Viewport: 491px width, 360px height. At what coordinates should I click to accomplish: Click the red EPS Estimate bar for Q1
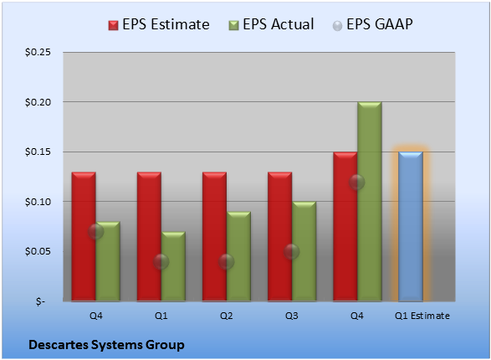point(149,237)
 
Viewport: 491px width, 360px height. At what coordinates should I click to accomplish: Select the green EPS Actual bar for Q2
point(238,257)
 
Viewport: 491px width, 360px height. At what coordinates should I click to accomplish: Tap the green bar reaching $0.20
point(370,202)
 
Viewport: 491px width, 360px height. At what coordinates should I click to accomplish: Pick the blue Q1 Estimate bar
point(411,227)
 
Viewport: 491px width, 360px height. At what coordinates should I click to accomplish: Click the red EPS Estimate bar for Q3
point(280,237)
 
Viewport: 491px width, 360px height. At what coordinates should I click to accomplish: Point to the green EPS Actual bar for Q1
point(173,266)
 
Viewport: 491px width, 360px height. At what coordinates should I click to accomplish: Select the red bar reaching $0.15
point(345,227)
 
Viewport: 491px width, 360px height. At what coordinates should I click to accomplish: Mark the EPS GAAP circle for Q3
point(292,252)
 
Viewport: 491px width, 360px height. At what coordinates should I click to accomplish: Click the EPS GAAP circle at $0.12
point(357,182)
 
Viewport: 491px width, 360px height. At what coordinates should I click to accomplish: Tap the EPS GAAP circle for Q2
point(226,261)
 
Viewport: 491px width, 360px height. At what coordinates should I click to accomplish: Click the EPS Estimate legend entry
point(159,24)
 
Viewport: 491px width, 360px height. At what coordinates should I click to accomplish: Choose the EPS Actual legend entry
point(271,24)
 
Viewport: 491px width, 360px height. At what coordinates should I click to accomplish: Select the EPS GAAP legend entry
point(372,24)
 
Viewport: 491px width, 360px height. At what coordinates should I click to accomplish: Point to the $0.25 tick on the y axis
point(38,52)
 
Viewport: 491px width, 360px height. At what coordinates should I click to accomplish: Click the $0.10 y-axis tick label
point(38,202)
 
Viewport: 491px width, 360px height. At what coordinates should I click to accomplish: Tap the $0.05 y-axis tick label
point(38,252)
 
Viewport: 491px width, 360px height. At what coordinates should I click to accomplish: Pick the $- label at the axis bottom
point(40,301)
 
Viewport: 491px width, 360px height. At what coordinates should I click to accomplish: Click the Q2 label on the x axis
point(226,316)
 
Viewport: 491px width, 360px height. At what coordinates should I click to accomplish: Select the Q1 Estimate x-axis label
point(422,316)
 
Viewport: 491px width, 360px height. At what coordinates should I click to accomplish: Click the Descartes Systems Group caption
point(106,345)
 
